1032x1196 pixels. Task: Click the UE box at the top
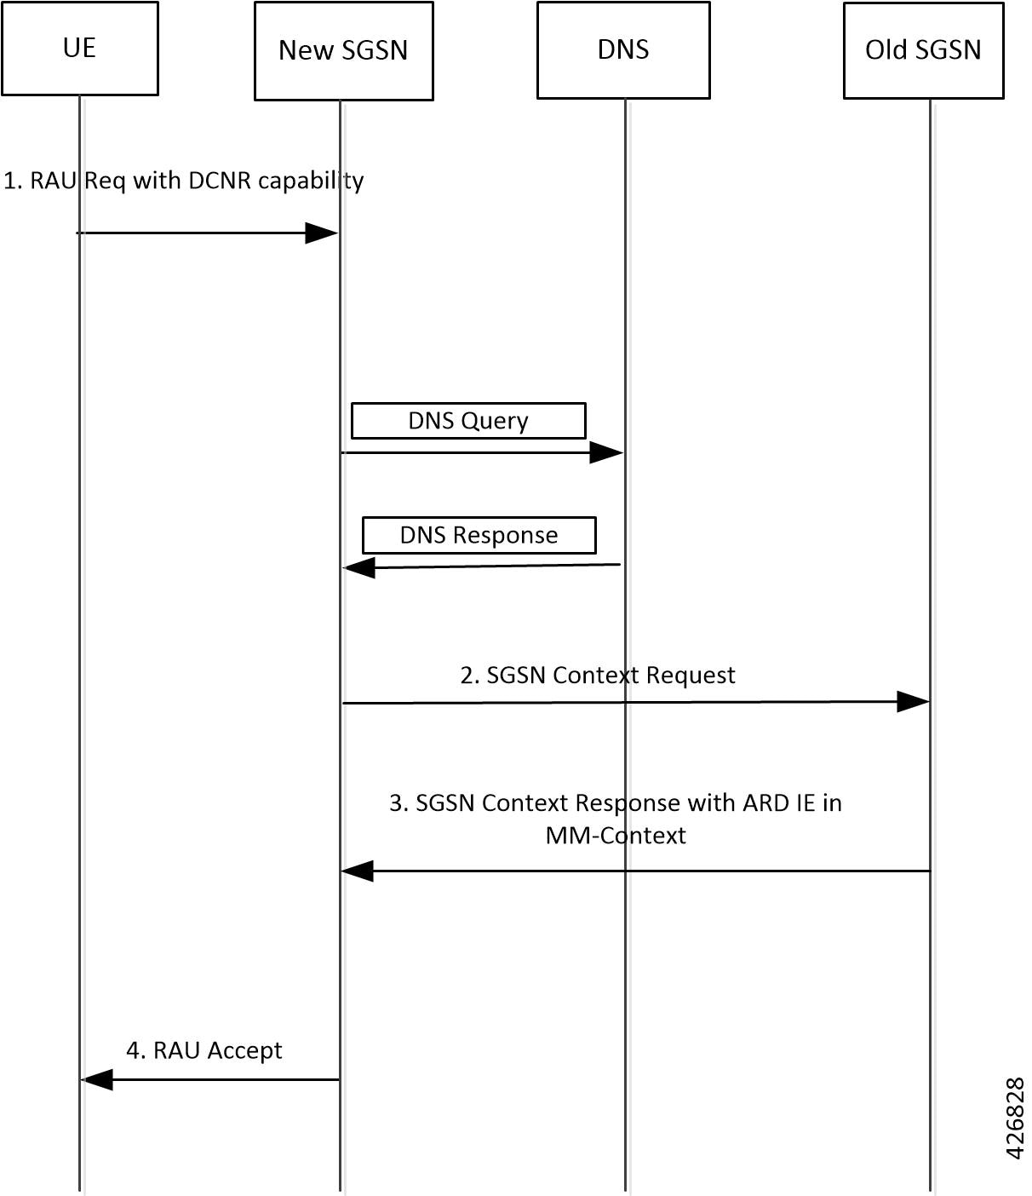pyautogui.click(x=79, y=48)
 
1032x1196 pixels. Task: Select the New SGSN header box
pyautogui.click(x=343, y=50)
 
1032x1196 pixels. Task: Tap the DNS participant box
pyautogui.click(x=623, y=49)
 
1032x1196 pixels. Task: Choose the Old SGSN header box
pyautogui.click(x=923, y=50)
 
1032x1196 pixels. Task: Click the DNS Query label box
pyautogui.click(x=468, y=421)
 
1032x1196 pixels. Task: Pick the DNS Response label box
pyautogui.click(x=479, y=535)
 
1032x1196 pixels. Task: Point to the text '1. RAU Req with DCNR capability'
pyautogui.click(x=184, y=181)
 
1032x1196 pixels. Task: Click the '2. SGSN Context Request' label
pyautogui.click(x=598, y=676)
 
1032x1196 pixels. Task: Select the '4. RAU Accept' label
pyautogui.click(x=204, y=1050)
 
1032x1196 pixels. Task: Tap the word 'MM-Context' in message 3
pyautogui.click(x=616, y=836)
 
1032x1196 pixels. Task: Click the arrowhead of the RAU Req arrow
pyautogui.click(x=322, y=233)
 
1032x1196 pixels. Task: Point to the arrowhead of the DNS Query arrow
pyautogui.click(x=606, y=452)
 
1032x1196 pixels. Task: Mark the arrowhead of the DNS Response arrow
pyautogui.click(x=359, y=567)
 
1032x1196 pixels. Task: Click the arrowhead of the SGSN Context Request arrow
pyautogui.click(x=912, y=702)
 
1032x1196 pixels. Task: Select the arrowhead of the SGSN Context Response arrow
pyautogui.click(x=358, y=871)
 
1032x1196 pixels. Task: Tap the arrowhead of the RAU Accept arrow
pyautogui.click(x=97, y=1079)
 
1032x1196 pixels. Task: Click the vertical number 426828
pyautogui.click(x=1015, y=1118)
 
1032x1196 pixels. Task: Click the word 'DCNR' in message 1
pyautogui.click(x=221, y=181)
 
